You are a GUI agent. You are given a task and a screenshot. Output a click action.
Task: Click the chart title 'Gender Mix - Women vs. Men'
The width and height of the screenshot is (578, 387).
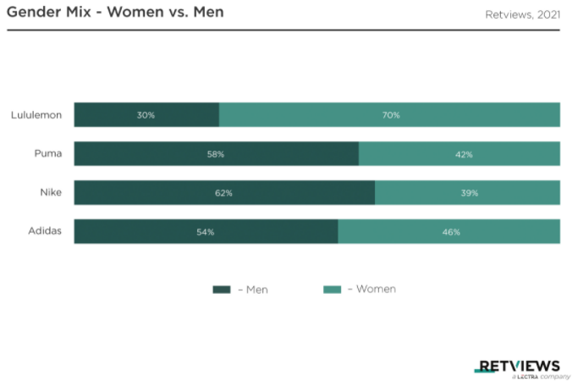coord(115,12)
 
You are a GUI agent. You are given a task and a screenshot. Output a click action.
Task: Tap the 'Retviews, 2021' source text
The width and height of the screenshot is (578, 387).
coord(522,14)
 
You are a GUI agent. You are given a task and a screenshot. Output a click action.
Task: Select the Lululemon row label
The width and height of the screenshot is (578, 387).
coord(36,115)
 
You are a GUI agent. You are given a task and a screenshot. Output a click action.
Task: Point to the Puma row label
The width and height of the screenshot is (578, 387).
coord(48,153)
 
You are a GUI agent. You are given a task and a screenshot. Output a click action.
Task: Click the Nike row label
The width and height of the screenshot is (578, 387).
coord(51,192)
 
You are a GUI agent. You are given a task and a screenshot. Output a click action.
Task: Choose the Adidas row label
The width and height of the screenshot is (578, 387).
coord(45,231)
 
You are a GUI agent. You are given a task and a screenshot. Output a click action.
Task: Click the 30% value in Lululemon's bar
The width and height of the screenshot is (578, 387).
coord(146,115)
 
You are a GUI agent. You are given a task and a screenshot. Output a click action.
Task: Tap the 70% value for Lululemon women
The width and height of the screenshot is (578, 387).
coord(391,115)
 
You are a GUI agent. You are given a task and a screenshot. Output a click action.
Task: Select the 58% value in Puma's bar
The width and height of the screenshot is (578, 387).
coord(216,154)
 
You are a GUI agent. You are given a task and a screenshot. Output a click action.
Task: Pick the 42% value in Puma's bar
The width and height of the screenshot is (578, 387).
coord(464,154)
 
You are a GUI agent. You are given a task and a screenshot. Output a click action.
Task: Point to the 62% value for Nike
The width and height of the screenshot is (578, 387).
coord(223,193)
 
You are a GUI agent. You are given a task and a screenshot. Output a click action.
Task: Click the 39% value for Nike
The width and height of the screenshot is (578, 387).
coord(470,193)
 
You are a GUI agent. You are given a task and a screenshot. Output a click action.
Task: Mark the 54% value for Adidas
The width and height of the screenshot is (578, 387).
coord(206,232)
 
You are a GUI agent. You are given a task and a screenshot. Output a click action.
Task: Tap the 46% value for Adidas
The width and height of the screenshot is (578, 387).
coord(451,232)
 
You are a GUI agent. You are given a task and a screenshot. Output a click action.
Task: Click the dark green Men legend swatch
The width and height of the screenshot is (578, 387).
coord(222,290)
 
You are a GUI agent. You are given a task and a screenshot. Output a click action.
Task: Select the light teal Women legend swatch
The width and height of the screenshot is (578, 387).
coord(332,290)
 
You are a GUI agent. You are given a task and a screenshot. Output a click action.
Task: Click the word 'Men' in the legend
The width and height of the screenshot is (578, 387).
coord(257,290)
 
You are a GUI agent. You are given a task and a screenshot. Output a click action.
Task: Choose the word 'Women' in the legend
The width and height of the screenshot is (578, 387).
coord(376,289)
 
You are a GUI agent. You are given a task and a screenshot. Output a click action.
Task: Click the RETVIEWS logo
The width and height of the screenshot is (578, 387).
coord(517,367)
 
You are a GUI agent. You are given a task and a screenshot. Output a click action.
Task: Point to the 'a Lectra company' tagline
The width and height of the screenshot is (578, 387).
coord(541,377)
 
